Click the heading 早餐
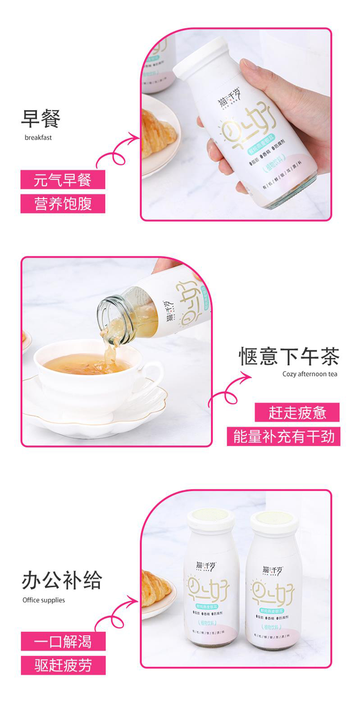click(41, 118)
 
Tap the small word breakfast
click(38, 138)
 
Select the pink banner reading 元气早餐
click(63, 180)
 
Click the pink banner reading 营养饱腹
click(63, 204)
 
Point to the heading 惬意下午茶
click(289, 356)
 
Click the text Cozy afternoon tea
click(310, 374)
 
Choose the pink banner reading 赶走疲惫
click(297, 413)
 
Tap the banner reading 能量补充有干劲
click(284, 437)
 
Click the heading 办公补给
click(62, 580)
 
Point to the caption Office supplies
click(44, 600)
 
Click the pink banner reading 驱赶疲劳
click(63, 665)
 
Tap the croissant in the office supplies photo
click(155, 586)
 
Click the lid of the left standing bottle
click(211, 518)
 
